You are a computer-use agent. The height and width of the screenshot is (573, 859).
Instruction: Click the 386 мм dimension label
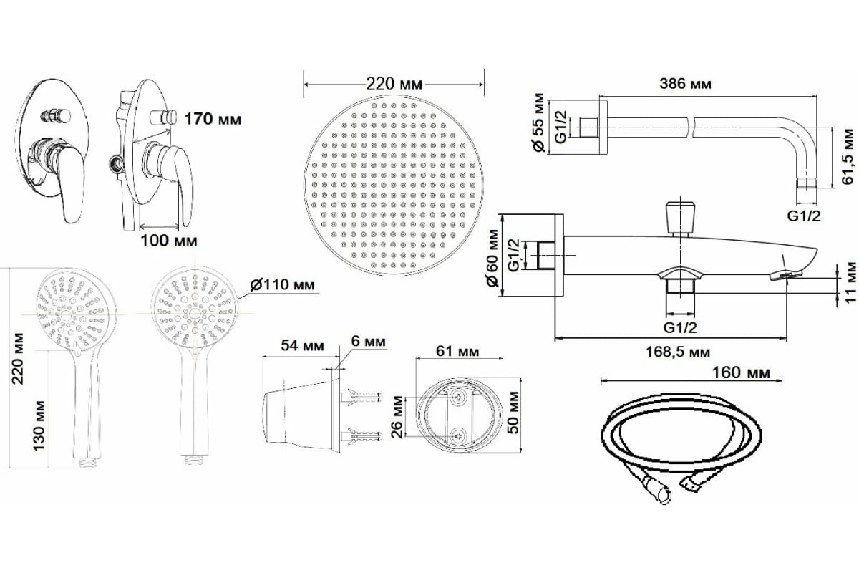coord(685,84)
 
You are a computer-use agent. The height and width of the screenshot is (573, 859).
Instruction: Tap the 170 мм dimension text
coord(213,120)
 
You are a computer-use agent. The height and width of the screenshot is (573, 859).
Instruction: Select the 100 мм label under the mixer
coord(169,241)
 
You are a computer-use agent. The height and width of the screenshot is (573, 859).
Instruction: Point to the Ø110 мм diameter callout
coord(282,285)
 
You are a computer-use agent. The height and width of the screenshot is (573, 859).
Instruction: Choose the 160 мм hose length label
coord(741,372)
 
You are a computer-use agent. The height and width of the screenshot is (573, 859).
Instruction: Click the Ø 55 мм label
coord(539,122)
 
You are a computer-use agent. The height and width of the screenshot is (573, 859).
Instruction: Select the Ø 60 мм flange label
coord(492,258)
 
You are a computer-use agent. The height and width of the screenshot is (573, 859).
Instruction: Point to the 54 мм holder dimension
coord(302,345)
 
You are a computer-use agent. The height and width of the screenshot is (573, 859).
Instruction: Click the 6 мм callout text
coord(368,341)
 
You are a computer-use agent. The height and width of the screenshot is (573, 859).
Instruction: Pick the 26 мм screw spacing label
coord(398,417)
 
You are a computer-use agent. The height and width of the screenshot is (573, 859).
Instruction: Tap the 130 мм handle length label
coord(39,425)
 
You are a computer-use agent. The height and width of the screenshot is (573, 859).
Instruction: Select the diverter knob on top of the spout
coord(681,218)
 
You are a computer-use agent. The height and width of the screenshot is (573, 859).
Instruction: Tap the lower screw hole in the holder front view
coord(459,436)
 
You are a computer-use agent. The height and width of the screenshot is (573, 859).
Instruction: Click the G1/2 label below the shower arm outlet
coord(804,216)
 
